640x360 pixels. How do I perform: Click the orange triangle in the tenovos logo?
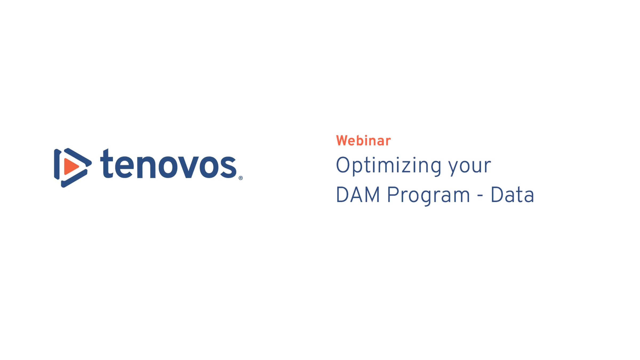click(70, 167)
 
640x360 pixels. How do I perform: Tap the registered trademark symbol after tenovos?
click(241, 178)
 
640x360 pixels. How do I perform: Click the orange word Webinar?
click(363, 141)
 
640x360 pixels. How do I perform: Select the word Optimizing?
click(389, 166)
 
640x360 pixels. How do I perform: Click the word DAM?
click(358, 195)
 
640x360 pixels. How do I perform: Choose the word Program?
click(429, 196)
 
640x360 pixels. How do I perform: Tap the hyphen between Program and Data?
click(480, 197)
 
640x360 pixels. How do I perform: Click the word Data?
click(512, 195)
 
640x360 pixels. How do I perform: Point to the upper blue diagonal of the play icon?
click(78, 157)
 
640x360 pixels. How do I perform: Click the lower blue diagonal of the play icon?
click(74, 178)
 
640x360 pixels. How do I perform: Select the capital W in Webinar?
click(343, 141)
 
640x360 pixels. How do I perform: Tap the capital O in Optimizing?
click(343, 165)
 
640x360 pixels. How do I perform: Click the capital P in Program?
click(393, 195)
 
